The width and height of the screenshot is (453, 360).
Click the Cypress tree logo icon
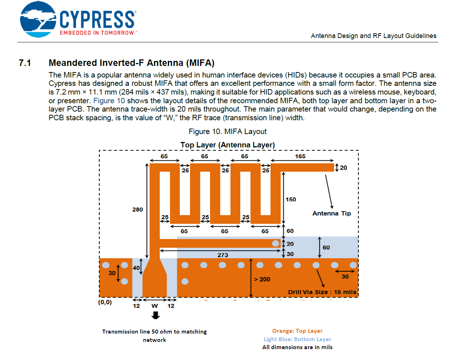[x=38, y=20]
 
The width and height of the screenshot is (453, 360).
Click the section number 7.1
[x=25, y=63]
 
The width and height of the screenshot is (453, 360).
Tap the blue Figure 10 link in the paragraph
[x=109, y=101]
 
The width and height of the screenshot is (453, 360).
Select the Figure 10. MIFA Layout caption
[x=227, y=131]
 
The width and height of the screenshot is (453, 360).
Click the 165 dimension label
[x=300, y=156]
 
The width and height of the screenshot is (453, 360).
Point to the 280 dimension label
[x=137, y=209]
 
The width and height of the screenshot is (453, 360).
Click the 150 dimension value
[x=291, y=200]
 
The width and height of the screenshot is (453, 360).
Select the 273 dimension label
[x=223, y=255]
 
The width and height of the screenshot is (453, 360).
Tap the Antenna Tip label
[x=331, y=213]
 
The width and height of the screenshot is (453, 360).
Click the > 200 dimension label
[x=262, y=279]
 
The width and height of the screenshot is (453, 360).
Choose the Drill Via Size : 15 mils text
[x=322, y=292]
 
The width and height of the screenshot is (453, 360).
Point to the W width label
[x=154, y=306]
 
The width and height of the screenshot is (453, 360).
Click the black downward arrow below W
[x=156, y=315]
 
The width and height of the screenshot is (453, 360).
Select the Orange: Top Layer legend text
[x=297, y=331]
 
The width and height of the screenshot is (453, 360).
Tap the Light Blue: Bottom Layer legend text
[x=297, y=339]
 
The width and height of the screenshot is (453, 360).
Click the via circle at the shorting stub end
[x=276, y=243]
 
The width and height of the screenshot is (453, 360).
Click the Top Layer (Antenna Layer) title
[x=227, y=145]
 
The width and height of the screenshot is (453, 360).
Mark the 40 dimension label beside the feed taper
[x=136, y=268]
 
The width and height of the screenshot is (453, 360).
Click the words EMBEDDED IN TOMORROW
[x=97, y=33]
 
